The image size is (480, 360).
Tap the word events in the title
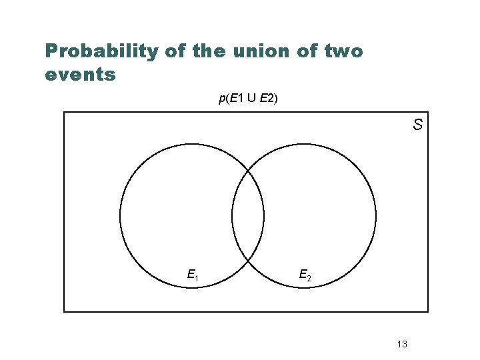pos(80,73)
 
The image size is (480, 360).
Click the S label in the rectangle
pos(417,125)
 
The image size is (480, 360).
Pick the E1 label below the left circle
pos(193,275)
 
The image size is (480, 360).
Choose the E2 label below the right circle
pos(305,275)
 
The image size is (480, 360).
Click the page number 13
pos(402,344)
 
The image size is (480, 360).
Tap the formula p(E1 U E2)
pos(248,99)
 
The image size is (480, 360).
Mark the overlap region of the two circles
pos(248,215)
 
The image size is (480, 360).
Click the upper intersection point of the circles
pos(248,170)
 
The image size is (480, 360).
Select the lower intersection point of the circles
pos(248,261)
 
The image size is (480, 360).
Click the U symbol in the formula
pos(251,99)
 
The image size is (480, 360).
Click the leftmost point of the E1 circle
pos(120,215)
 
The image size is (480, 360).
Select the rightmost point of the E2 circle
pos(376,215)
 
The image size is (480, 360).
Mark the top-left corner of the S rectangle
pos(64,112)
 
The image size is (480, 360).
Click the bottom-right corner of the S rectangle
pos(427,311)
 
